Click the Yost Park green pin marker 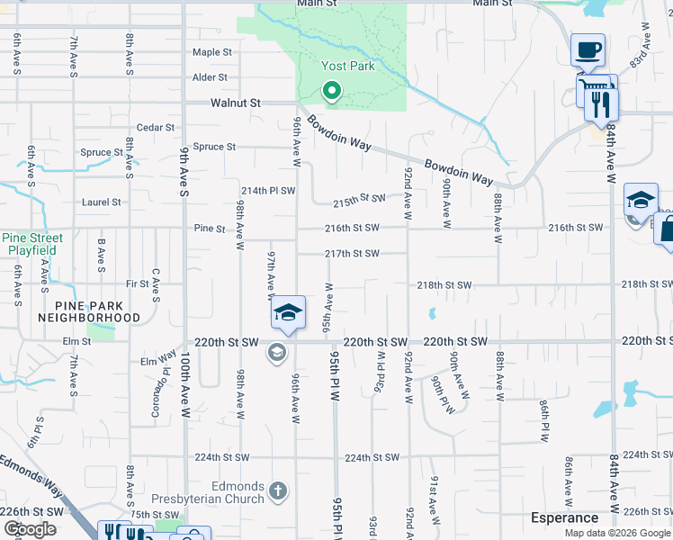pos(331,90)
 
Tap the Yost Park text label pos(347,66)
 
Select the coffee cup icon pos(588,49)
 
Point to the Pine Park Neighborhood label pos(89,311)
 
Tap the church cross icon pos(278,491)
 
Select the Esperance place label pos(564,517)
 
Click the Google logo pos(30,529)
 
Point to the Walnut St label pos(235,103)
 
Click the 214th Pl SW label pos(268,191)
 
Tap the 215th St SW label pos(359,198)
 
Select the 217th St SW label pos(352,254)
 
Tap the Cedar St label pos(156,128)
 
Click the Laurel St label pos(101,202)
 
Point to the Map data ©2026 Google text pos(617,533)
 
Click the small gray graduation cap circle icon pos(276,353)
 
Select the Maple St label pos(212,53)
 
